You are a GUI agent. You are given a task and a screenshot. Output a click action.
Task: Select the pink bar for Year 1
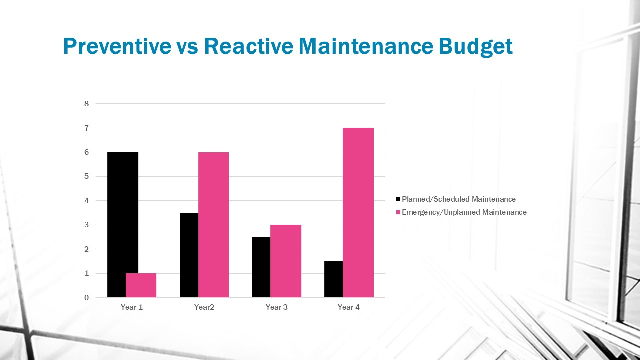point(141,285)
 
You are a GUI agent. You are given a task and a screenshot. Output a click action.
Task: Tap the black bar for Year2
point(189,255)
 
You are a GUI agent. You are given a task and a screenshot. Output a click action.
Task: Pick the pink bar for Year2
point(213,225)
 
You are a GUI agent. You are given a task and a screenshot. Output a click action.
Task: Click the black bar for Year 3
point(261,267)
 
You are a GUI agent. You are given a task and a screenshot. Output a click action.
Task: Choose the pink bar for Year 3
point(286,261)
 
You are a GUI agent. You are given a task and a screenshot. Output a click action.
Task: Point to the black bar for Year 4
point(333,279)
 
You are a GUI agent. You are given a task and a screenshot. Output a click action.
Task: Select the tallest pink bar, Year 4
point(358,212)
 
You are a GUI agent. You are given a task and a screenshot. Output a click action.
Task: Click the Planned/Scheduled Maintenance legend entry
point(458,199)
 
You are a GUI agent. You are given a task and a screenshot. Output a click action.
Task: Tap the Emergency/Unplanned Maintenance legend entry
point(464,212)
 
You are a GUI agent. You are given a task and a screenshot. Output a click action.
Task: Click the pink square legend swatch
point(398,212)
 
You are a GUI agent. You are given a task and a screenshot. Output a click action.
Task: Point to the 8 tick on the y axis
point(86,104)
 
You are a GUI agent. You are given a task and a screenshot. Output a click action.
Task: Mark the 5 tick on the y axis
point(86,176)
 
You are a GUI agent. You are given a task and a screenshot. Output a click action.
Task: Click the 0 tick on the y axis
point(86,298)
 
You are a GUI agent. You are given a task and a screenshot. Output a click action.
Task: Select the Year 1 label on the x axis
point(132,307)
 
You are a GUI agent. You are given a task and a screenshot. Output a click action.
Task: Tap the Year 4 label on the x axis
point(348,307)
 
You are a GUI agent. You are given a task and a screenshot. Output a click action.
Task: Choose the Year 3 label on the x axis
point(276,307)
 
